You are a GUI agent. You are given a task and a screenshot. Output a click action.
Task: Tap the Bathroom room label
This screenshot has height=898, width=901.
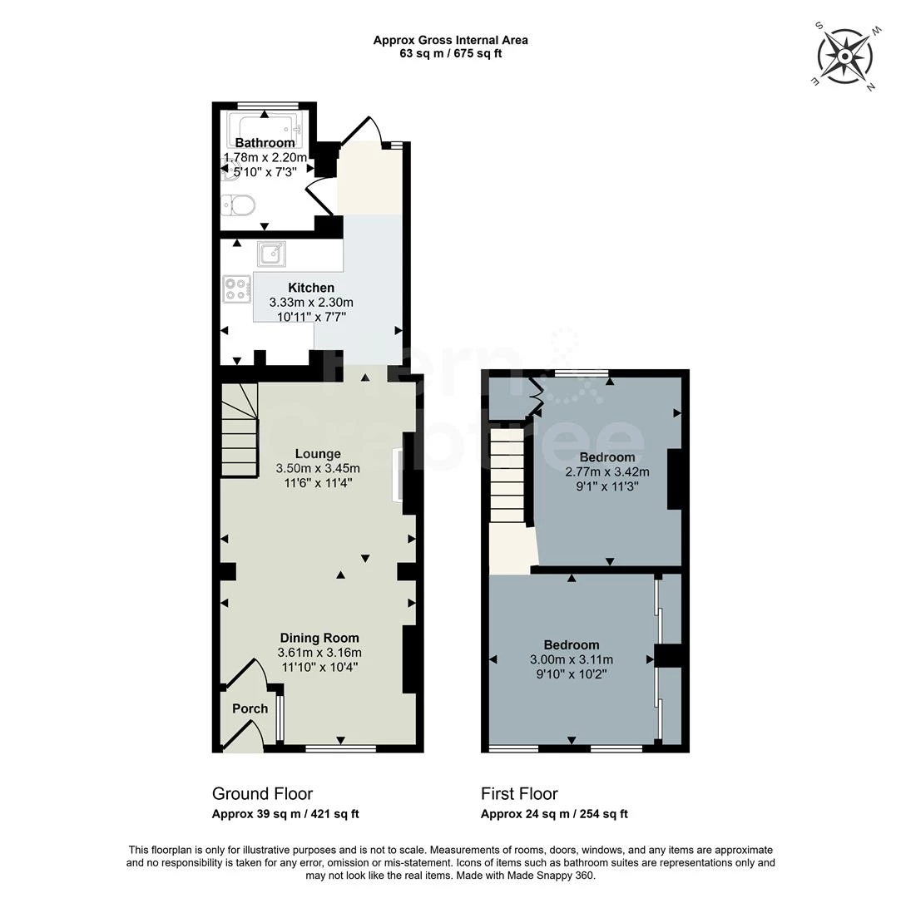265,143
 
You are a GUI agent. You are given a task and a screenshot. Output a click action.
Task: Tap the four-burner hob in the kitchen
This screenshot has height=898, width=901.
236,289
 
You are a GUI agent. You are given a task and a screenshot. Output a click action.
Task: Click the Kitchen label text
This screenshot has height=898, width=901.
311,288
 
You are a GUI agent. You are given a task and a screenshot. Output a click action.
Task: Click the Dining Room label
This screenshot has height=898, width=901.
319,638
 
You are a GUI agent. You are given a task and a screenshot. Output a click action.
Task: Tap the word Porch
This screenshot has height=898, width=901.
250,708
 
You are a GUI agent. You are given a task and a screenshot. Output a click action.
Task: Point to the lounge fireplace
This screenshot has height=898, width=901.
398,475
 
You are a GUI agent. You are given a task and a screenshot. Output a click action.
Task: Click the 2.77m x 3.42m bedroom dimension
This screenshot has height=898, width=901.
607,471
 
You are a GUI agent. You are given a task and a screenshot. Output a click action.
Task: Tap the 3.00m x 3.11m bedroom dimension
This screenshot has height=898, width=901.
571,659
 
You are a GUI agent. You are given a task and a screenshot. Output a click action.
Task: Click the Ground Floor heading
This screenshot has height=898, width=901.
262,793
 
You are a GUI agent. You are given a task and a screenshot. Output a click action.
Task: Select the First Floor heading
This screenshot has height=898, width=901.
519,793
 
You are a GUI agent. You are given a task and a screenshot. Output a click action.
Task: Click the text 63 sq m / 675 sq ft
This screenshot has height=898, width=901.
450,53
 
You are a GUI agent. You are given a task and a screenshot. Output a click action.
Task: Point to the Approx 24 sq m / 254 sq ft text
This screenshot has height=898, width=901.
554,814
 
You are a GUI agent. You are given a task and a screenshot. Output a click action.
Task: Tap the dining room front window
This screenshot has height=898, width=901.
340,748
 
